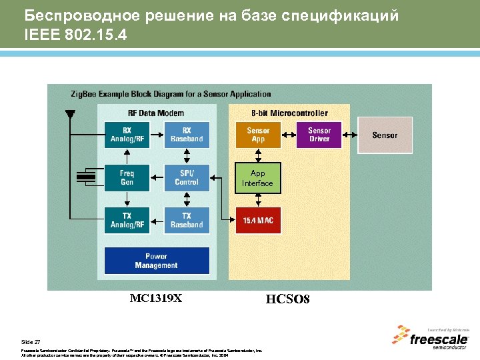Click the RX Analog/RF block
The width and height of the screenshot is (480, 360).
tap(127, 135)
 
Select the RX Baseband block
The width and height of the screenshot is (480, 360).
tap(187, 135)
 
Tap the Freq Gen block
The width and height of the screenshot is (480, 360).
tap(127, 177)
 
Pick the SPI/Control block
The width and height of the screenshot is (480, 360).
tap(187, 177)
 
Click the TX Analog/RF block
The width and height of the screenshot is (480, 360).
tap(127, 220)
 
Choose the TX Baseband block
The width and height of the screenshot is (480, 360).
tap(187, 220)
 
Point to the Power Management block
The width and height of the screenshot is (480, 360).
tap(156, 261)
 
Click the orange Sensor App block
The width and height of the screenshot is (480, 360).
tap(258, 135)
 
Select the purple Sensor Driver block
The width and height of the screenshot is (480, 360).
tap(319, 135)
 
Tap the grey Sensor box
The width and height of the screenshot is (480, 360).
tap(385, 135)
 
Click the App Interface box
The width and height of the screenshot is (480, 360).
tap(257, 179)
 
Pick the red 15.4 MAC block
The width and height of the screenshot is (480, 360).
tap(258, 220)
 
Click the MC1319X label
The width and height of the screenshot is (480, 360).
tap(155, 298)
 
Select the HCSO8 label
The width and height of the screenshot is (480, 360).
tap(287, 299)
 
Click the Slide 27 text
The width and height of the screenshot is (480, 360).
tap(31, 341)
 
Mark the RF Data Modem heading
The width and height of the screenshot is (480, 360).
tap(156, 113)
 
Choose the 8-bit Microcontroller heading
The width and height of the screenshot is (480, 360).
tap(289, 113)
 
